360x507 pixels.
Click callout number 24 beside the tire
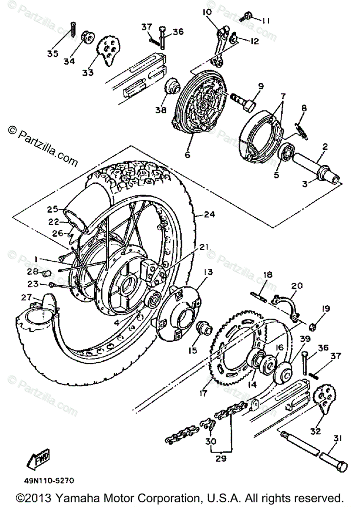(x=209, y=215)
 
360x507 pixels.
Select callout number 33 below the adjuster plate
(x=87, y=73)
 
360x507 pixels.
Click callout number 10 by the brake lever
(x=207, y=13)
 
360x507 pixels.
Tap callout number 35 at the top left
(x=53, y=53)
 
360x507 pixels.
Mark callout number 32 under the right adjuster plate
(x=315, y=431)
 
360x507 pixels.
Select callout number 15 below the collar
(x=193, y=339)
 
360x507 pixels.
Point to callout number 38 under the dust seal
(x=160, y=110)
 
